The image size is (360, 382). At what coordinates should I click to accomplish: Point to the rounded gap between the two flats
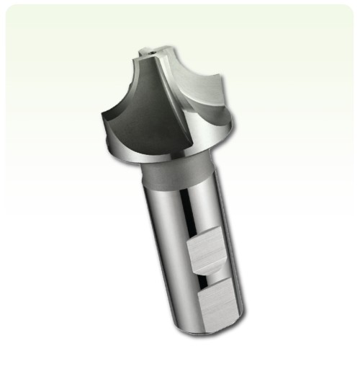point(211,275)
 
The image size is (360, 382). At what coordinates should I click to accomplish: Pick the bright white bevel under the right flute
point(216,130)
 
